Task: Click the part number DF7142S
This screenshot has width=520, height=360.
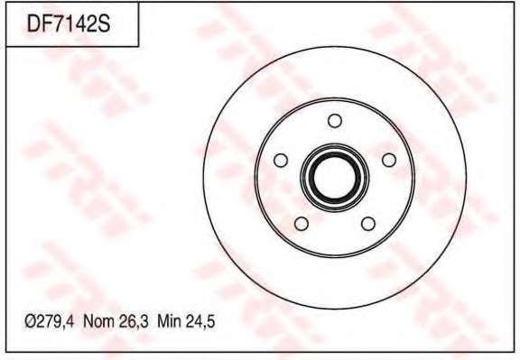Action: pyautogui.click(x=69, y=23)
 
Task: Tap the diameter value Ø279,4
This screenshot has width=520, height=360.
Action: pyautogui.click(x=50, y=321)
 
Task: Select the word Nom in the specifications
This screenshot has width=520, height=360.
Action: pyautogui.click(x=98, y=321)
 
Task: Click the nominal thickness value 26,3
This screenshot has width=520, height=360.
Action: pyautogui.click(x=134, y=321)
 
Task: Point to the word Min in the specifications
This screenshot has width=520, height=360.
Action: pyautogui.click(x=169, y=321)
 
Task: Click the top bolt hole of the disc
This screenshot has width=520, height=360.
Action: pyautogui.click(x=335, y=121)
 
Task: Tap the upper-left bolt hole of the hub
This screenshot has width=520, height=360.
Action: pyautogui.click(x=281, y=161)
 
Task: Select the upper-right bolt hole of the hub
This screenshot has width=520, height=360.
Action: pyautogui.click(x=389, y=160)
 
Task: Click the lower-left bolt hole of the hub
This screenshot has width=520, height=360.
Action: pyautogui.click(x=302, y=224)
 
